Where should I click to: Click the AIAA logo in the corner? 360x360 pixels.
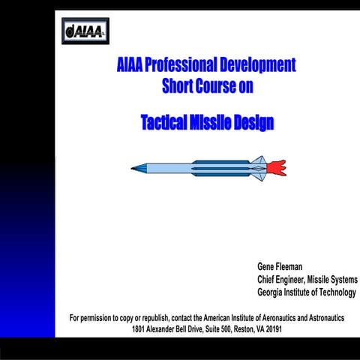[85, 31]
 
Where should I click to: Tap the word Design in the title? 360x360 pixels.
[257, 122]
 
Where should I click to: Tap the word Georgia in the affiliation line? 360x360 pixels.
[274, 292]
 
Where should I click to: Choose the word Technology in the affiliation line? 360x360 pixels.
[336, 292]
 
